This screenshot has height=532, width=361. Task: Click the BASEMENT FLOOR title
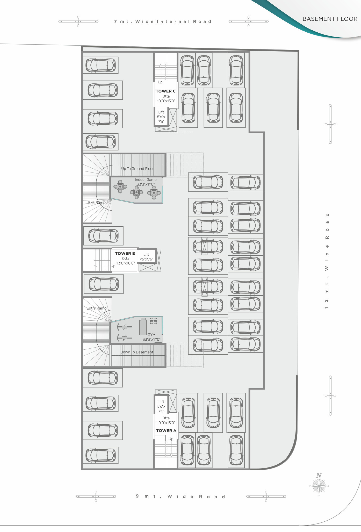tap(330, 19)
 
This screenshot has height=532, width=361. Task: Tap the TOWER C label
tap(166, 91)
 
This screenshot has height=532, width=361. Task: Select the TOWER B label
tap(125, 254)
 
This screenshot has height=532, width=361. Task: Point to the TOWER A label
tap(166, 430)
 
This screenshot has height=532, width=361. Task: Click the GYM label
tap(151, 335)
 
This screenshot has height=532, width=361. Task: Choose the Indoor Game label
tap(146, 179)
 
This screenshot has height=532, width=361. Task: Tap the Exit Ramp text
tap(97, 203)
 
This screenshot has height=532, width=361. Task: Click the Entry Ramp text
tap(97, 308)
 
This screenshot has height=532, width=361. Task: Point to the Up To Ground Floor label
tap(137, 169)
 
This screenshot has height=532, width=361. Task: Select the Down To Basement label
tap(137, 352)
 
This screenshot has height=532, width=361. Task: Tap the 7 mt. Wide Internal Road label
tap(163, 21)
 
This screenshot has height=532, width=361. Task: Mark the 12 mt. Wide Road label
tap(327, 261)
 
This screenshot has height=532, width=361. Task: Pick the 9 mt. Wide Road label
tap(180, 497)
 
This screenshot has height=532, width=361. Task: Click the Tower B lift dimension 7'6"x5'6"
tap(146, 259)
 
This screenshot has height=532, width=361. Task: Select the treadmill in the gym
tap(143, 327)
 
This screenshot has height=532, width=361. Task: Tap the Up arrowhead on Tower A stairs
tap(171, 455)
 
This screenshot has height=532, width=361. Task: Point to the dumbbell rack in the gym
tap(154, 321)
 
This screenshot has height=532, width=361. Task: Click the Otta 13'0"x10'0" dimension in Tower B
tap(126, 263)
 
